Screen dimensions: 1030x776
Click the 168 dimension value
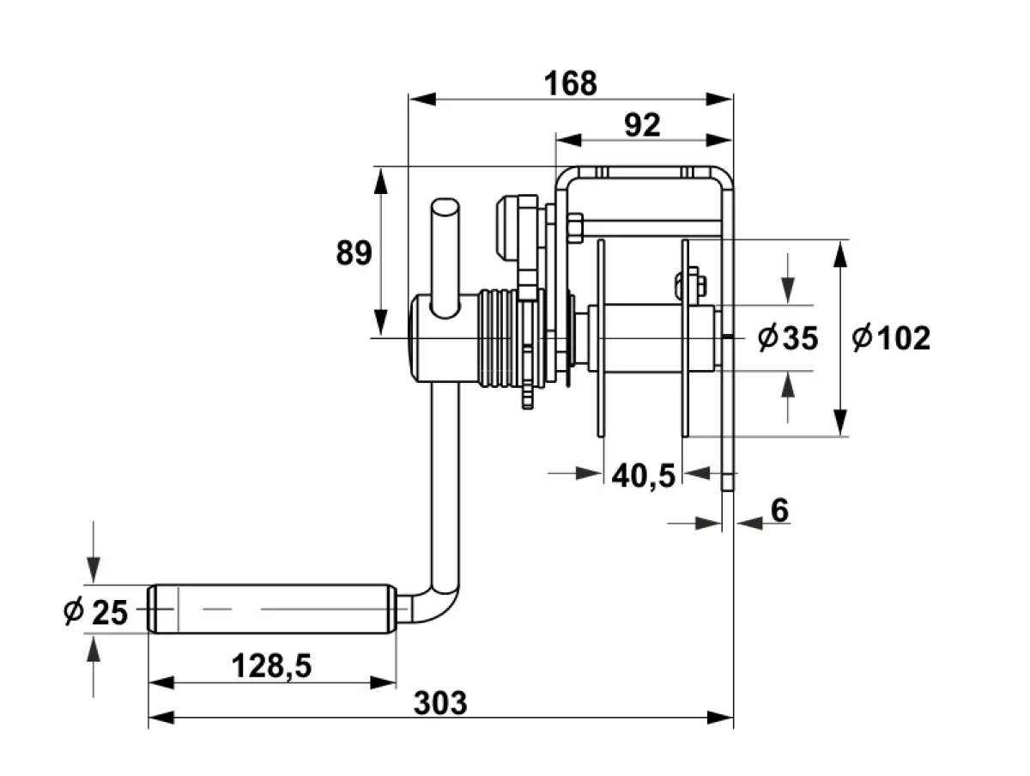pyautogui.click(x=570, y=83)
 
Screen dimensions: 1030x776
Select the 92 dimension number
pyautogui.click(x=642, y=124)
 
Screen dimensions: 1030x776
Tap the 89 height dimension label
pyautogui.click(x=354, y=253)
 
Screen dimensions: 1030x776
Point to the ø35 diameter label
pyautogui.click(x=788, y=337)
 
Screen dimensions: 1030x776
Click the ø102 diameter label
pyautogui.click(x=891, y=337)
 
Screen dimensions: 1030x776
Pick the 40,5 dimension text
pyautogui.click(x=644, y=476)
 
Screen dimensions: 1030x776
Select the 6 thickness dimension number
pyautogui.click(x=779, y=510)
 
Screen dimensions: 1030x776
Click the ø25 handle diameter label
pyautogui.click(x=96, y=612)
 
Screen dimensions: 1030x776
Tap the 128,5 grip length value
pyautogui.click(x=272, y=666)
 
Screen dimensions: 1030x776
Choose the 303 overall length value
pyautogui.click(x=440, y=703)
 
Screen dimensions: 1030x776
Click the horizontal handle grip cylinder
pyautogui.click(x=272, y=609)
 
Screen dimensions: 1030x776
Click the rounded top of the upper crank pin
pyautogui.click(x=445, y=205)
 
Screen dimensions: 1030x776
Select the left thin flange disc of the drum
pyautogui.click(x=601, y=338)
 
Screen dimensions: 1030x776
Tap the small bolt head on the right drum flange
pyautogui.click(x=691, y=283)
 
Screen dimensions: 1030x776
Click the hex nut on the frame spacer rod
pyautogui.click(x=576, y=228)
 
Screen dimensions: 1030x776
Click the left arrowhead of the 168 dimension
pyautogui.click(x=422, y=99)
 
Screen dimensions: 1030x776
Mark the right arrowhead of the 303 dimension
pyautogui.click(x=720, y=718)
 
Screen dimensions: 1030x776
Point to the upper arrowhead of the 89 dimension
pyautogui.click(x=380, y=180)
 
